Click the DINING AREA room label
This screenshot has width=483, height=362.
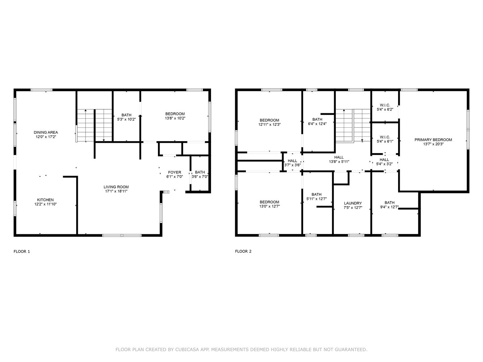pos(46,132)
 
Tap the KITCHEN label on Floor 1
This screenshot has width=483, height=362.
pos(45,200)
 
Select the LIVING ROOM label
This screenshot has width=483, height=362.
pos(116,187)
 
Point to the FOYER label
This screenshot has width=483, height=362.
pos(174,172)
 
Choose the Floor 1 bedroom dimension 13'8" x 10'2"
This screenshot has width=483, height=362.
pos(175,118)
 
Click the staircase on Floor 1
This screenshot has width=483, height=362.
pos(94,125)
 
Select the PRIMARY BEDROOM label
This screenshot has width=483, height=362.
pos(433,140)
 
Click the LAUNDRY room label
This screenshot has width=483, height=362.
pos(353,203)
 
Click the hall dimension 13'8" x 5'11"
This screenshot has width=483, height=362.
pos(339,162)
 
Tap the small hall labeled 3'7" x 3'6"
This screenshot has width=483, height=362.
pos(292,163)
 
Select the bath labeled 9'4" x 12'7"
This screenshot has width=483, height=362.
pos(389,204)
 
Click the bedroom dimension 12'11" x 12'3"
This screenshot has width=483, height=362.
pos(269,124)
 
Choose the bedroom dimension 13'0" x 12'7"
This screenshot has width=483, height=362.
pos(269,206)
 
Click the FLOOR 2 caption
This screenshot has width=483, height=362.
pos(243,251)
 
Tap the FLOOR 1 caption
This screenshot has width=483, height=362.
pos(22,251)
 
